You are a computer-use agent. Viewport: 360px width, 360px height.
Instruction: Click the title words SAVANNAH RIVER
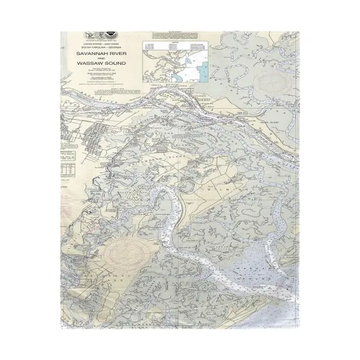pyautogui.click(x=101, y=53)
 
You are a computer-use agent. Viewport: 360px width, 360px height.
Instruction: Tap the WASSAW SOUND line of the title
pyautogui.click(x=101, y=63)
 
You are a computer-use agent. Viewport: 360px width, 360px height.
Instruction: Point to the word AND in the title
pyautogui.click(x=101, y=58)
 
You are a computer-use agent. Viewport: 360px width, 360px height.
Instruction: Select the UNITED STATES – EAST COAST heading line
pyautogui.click(x=101, y=43)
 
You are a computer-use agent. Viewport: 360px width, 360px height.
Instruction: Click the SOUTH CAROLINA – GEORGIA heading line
pyautogui.click(x=101, y=48)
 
